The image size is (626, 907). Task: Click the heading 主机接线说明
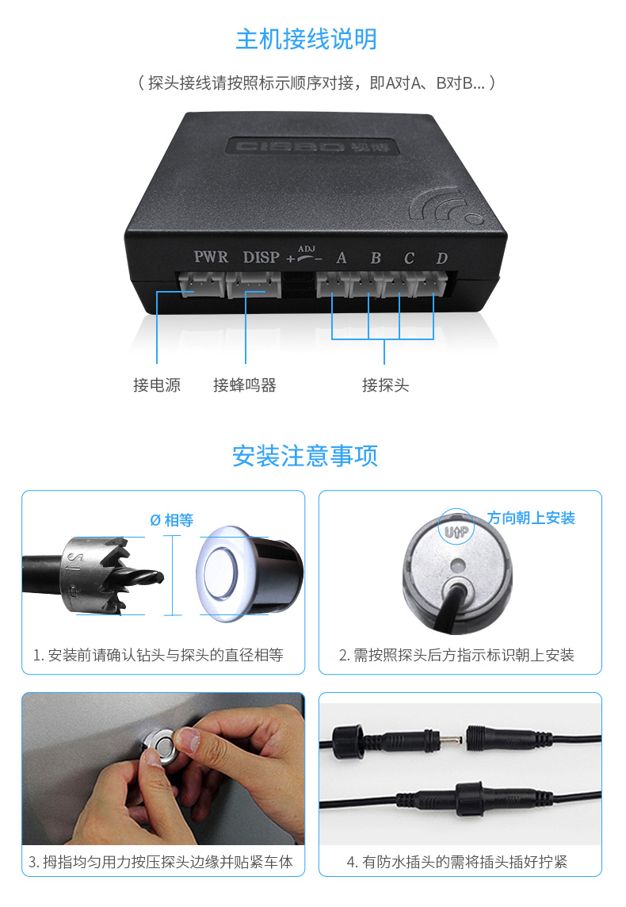(307, 40)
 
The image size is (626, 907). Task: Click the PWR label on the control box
(211, 257)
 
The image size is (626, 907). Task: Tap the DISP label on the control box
(261, 257)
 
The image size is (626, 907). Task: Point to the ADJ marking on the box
(307, 249)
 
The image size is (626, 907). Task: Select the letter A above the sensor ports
(342, 258)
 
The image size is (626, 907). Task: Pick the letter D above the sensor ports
(442, 258)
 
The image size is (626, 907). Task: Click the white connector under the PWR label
(200, 284)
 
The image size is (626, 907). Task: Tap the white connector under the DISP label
(254, 285)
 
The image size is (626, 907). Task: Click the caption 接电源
(157, 385)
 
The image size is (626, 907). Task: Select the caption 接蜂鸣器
(245, 385)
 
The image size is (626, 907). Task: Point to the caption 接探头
(386, 385)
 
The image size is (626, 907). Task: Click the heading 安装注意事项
(305, 456)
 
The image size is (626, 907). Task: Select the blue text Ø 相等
(172, 520)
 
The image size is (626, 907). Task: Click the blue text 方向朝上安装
(531, 518)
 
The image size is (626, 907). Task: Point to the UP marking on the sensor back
(456, 531)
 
